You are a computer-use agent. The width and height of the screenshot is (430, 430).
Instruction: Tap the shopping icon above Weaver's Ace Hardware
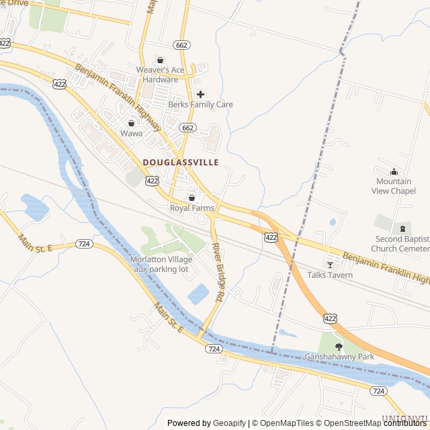pos(159,60)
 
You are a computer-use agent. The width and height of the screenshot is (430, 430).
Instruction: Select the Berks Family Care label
pos(200,105)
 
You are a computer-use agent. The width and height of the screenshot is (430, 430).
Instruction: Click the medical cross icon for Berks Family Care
pos(200,94)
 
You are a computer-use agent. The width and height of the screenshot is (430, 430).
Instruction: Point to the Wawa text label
pos(132,133)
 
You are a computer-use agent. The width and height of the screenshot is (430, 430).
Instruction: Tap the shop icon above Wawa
pos(132,123)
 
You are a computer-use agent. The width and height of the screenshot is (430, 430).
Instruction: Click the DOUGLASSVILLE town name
pos(181,163)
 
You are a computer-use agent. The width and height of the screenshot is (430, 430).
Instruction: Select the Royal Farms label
pos(191,208)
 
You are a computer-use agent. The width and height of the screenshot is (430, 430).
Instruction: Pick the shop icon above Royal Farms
pos(191,198)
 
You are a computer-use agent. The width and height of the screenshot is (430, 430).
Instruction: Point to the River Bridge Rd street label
pos(218,271)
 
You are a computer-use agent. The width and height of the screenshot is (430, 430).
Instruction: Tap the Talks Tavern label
pos(329,275)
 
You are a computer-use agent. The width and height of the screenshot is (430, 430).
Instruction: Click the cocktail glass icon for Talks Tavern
pos(329,264)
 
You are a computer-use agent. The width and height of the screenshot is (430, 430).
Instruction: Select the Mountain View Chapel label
pos(394,186)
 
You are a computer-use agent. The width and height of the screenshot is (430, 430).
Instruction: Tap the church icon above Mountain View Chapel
pos(394,172)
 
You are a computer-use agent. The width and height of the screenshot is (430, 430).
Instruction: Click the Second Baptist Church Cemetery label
pos(402,244)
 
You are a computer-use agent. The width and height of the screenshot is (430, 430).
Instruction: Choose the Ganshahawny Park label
pos(339,357)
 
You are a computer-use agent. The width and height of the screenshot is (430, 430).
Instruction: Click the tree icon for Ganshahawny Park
pos(339,347)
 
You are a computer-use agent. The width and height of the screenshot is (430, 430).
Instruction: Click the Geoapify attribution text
pos(230,423)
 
